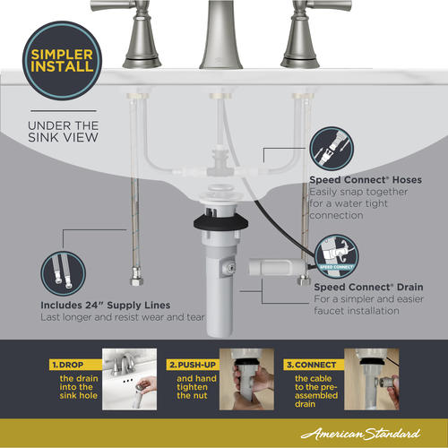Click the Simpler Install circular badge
coord(62,60)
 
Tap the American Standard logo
coord(361,434)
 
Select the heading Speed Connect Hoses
coord(366,180)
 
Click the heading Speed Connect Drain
coord(368,287)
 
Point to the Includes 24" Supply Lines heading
coord(106,305)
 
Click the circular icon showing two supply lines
coord(63,273)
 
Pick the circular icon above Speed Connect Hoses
coord(332,149)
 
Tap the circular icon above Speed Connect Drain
coord(337,256)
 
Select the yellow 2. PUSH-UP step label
coord(193,365)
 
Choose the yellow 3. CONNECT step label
coord(314,365)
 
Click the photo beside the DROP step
coord(129,379)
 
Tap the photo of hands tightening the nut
coord(246,379)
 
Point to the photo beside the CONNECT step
coord(372,379)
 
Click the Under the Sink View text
coord(63,132)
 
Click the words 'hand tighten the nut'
coord(196,387)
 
